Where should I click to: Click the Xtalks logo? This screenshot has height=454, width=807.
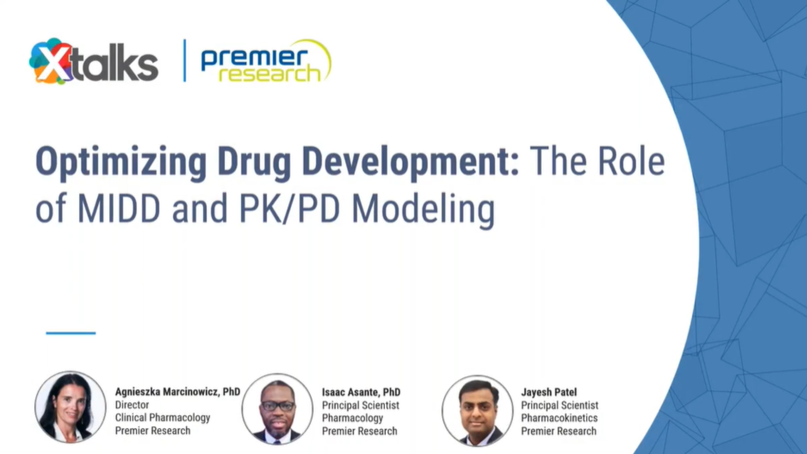(x=94, y=62)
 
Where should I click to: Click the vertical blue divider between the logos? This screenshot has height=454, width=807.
(x=185, y=61)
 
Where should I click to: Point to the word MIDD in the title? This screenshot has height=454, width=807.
(x=119, y=209)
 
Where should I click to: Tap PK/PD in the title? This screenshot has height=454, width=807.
(x=290, y=209)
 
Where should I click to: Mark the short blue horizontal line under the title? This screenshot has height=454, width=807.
(x=71, y=333)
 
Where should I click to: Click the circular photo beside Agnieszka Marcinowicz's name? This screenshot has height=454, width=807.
(x=70, y=406)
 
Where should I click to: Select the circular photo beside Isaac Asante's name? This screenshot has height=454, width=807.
(x=277, y=409)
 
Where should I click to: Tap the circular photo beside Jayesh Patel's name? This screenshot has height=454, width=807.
(x=477, y=411)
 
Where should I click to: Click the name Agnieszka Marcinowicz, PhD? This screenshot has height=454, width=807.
(x=177, y=392)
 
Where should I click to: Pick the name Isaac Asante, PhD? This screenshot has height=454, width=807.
(x=361, y=392)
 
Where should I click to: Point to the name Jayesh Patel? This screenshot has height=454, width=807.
(x=549, y=392)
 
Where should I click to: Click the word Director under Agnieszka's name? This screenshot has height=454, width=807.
(x=132, y=405)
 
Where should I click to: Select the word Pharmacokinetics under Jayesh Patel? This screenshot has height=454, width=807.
(x=559, y=418)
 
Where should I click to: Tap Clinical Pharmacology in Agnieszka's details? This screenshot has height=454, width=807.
(x=163, y=418)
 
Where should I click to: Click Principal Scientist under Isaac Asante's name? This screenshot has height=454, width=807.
(x=361, y=405)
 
